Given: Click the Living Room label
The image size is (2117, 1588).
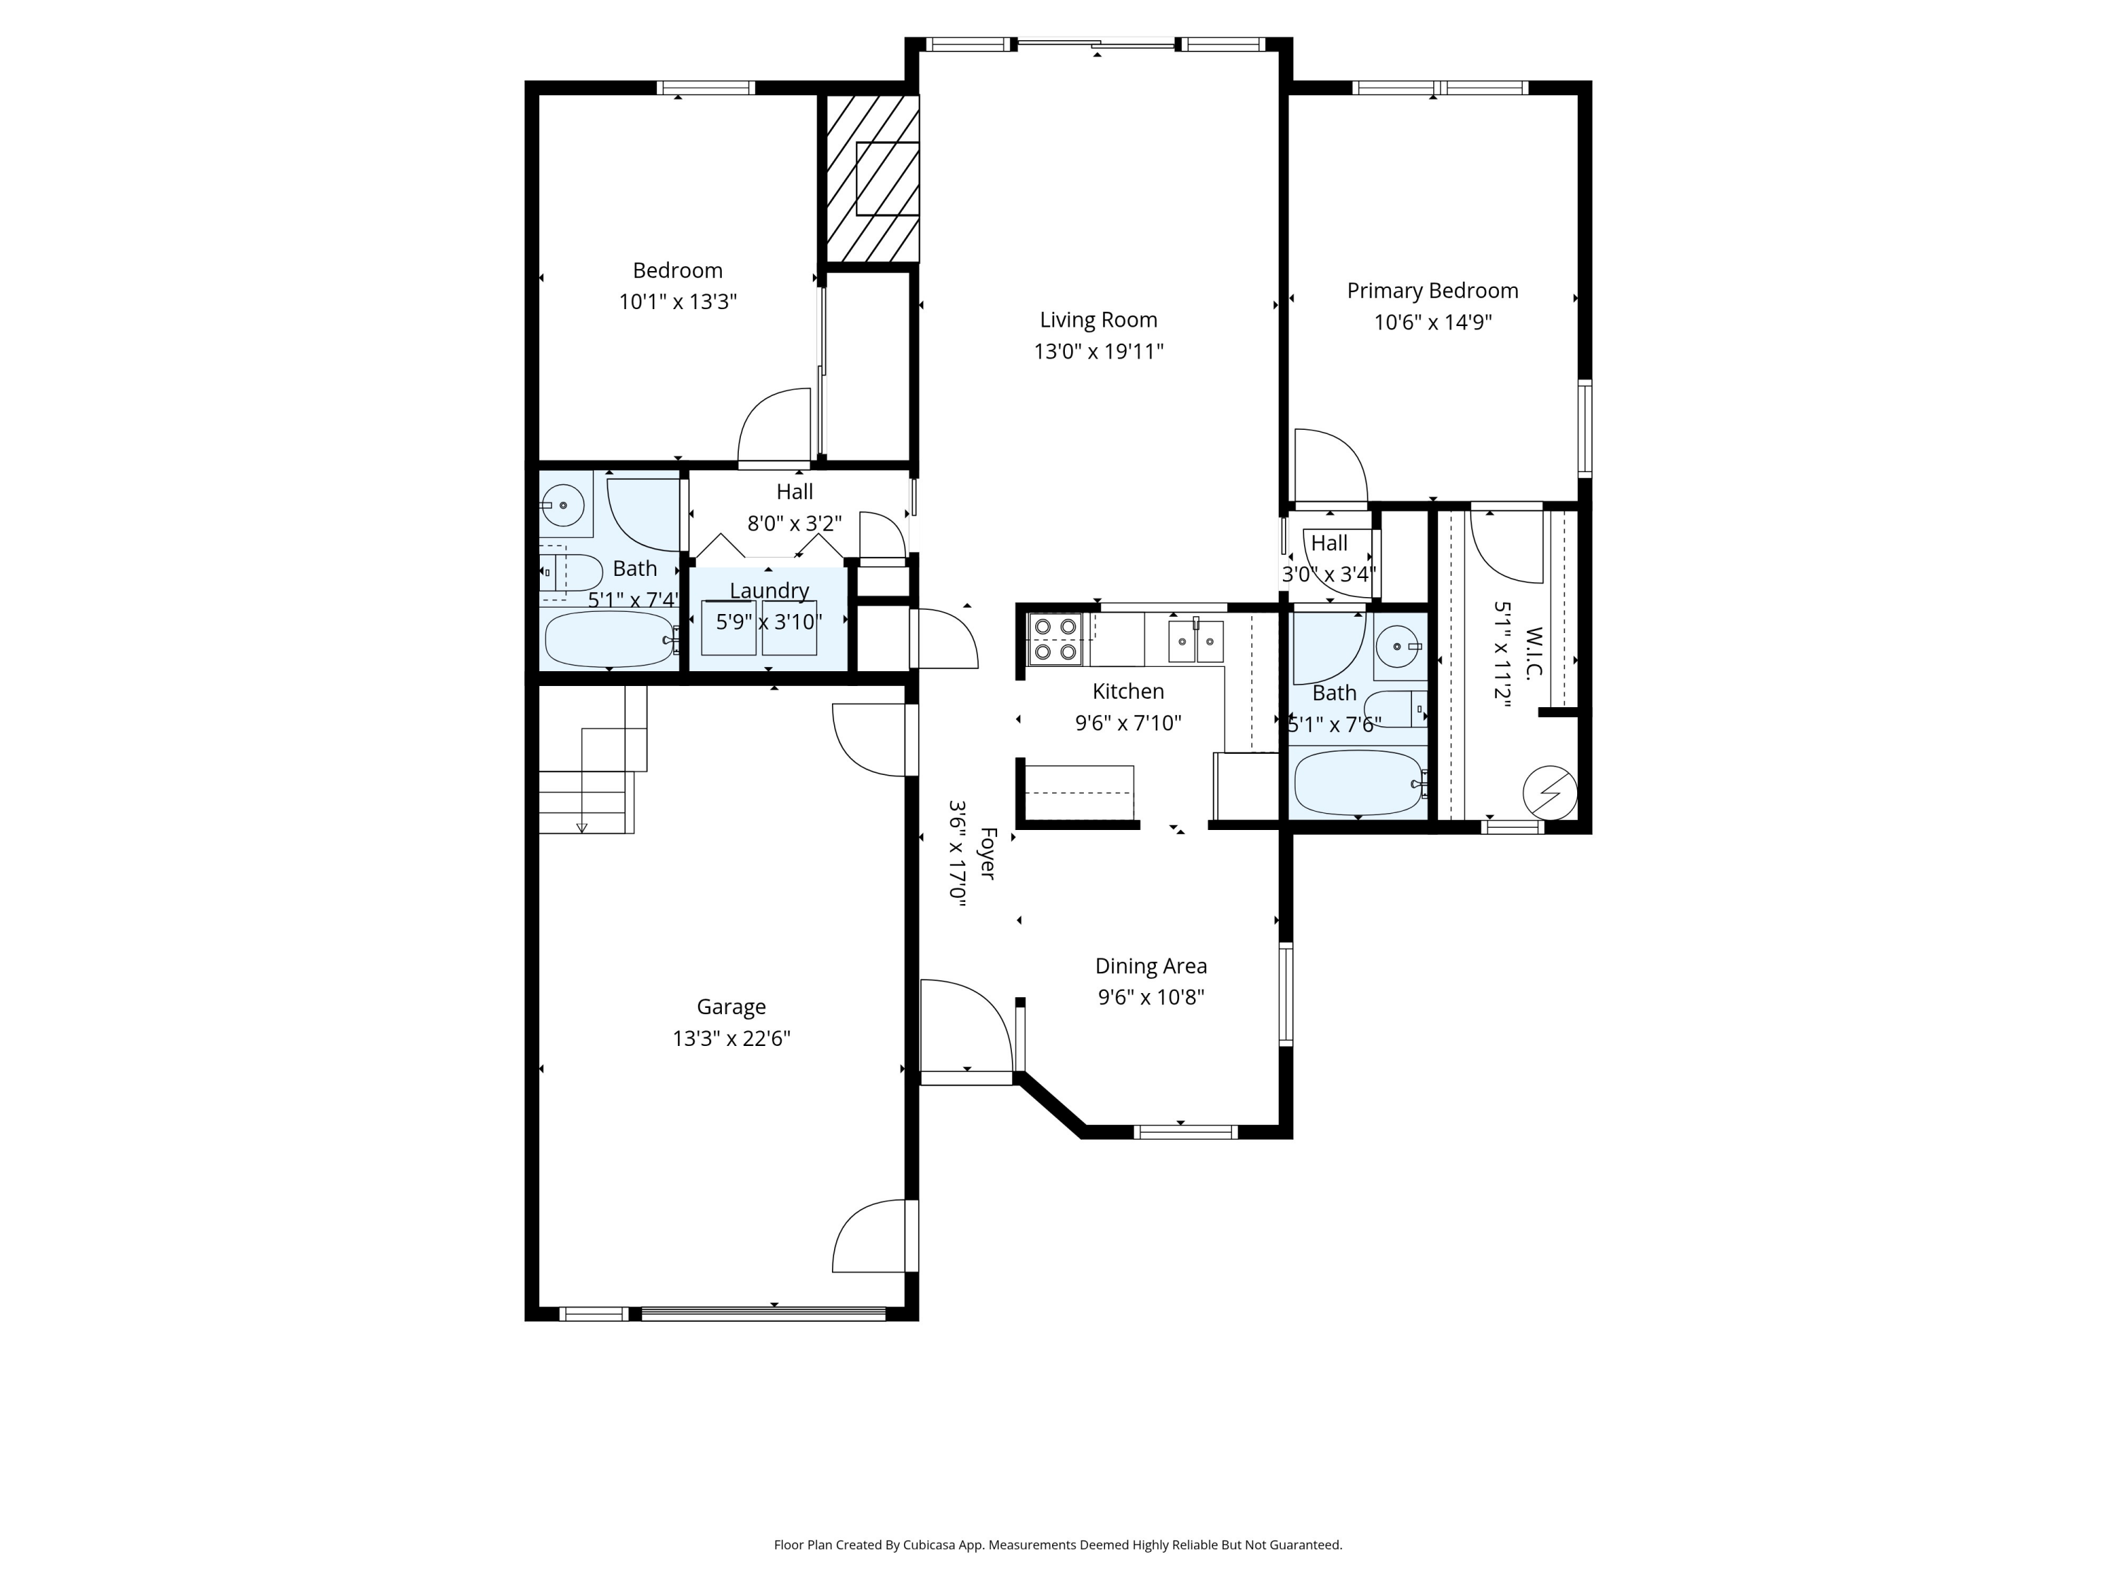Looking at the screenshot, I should [x=1098, y=320].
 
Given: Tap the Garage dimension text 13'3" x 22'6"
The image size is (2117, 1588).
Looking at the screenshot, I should [x=731, y=1039].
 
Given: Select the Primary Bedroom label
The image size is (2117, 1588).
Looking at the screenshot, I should [x=1432, y=291].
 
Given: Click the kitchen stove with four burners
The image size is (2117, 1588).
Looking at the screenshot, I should [x=1055, y=639].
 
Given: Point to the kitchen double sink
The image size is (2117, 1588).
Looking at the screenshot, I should [x=1195, y=640].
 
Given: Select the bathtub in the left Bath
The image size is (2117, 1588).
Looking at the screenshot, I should [x=610, y=639].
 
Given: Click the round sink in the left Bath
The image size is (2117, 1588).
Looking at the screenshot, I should [x=565, y=505].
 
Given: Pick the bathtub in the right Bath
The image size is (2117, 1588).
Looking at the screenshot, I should [x=1358, y=782].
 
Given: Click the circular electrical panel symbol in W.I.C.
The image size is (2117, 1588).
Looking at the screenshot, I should [x=1550, y=793].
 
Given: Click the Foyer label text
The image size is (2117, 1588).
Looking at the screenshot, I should [x=987, y=854].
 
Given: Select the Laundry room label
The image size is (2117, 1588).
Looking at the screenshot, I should [x=768, y=591].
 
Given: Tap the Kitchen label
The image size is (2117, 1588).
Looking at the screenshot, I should [x=1128, y=691].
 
